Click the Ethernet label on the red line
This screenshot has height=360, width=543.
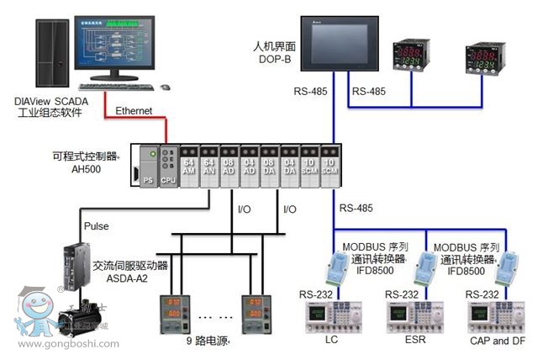134,110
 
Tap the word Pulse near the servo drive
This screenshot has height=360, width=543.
98,226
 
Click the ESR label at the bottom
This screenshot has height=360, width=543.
412,339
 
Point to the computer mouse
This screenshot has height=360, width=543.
164,87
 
